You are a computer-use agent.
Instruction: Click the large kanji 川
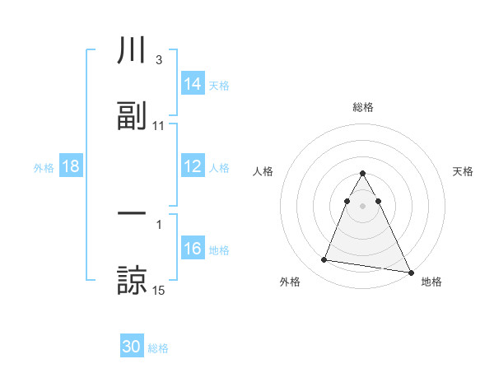(132, 50)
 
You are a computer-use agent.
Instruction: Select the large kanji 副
(132, 116)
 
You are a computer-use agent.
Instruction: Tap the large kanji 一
(132, 213)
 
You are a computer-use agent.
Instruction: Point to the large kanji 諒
(132, 279)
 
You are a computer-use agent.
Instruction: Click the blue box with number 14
(193, 84)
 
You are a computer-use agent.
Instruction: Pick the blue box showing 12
(193, 166)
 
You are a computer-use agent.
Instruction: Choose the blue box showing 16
(193, 249)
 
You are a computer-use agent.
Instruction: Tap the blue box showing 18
(71, 166)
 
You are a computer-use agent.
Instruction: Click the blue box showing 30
(132, 347)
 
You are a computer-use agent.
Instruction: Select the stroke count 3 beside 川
(158, 60)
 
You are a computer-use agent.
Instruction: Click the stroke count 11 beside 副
(159, 126)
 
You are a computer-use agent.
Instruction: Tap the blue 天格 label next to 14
(219, 85)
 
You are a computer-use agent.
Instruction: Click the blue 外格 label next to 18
(44, 167)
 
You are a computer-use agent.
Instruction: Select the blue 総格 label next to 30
(158, 348)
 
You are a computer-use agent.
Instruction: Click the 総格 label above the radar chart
(362, 107)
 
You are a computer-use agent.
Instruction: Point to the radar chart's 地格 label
(431, 282)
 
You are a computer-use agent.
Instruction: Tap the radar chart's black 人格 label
(263, 171)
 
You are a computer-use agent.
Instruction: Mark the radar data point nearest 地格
(410, 272)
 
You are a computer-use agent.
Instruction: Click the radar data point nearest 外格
(324, 260)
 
